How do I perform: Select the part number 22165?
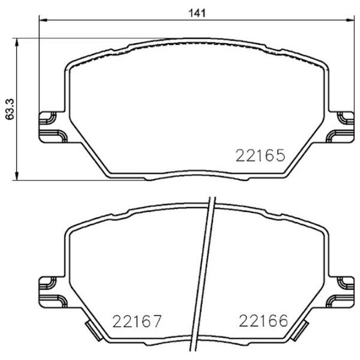coord(259,157)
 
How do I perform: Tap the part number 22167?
coord(137,322)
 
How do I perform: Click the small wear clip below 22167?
coord(92,331)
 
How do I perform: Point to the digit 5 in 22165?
coord(278,157)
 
